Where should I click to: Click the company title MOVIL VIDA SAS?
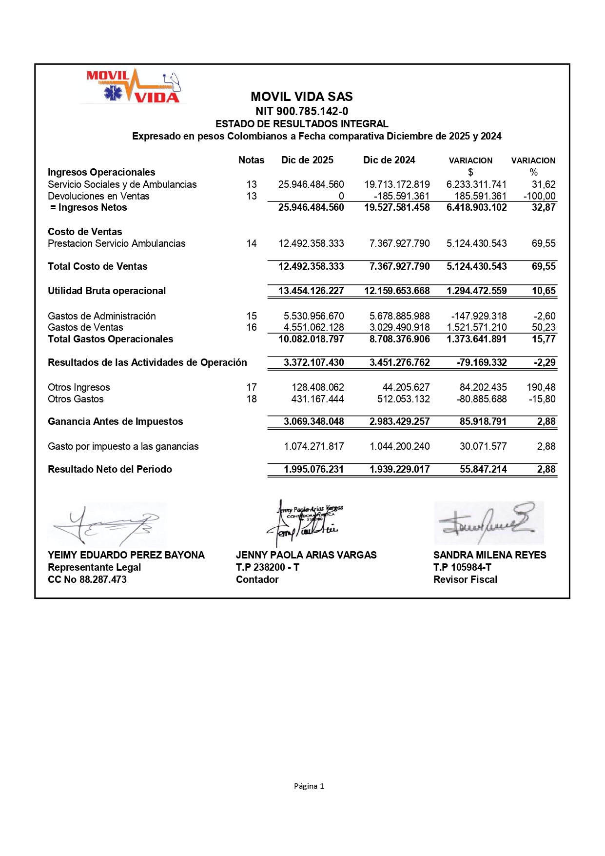click(302, 97)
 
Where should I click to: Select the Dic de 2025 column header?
click(307, 160)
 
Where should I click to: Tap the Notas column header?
click(251, 160)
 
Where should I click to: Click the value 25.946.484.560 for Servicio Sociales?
click(311, 184)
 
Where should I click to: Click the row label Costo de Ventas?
click(85, 232)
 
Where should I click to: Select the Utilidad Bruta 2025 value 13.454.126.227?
click(311, 291)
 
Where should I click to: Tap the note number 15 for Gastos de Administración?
click(252, 316)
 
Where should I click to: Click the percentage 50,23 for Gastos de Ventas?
click(544, 327)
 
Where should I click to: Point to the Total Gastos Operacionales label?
click(110, 339)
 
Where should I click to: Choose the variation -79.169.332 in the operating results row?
click(482, 362)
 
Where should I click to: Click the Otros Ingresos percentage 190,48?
click(541, 387)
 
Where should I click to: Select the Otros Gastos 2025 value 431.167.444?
click(318, 399)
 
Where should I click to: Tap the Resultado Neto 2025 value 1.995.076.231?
click(313, 469)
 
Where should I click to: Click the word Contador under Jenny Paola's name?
click(257, 579)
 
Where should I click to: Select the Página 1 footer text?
click(309, 786)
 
